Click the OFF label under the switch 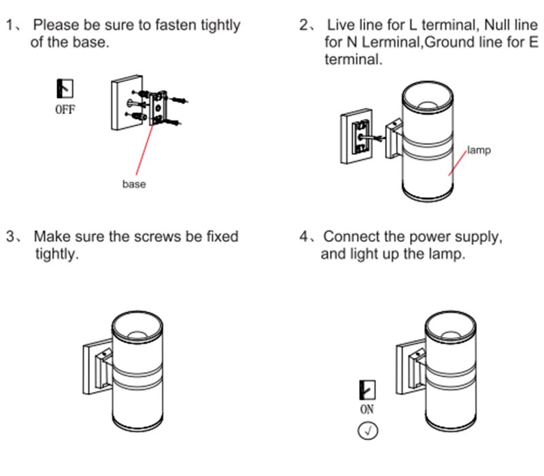pyautogui.click(x=65, y=109)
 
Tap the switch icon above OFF pyautogui.click(x=65, y=88)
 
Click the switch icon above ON pyautogui.click(x=367, y=390)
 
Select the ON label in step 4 pyautogui.click(x=367, y=410)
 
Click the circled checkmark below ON pyautogui.click(x=367, y=431)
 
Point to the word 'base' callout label pyautogui.click(x=133, y=184)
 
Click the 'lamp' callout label pyautogui.click(x=479, y=150)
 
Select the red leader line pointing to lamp pyautogui.click(x=458, y=161)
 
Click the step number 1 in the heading pyautogui.click(x=10, y=26)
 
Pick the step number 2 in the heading pyautogui.click(x=304, y=26)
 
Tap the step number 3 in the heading pyautogui.click(x=10, y=237)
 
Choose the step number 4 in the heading pyautogui.click(x=304, y=237)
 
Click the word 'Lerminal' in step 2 pyautogui.click(x=385, y=43)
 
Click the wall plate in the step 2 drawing pyautogui.click(x=356, y=136)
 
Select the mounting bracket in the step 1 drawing pyautogui.click(x=159, y=105)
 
